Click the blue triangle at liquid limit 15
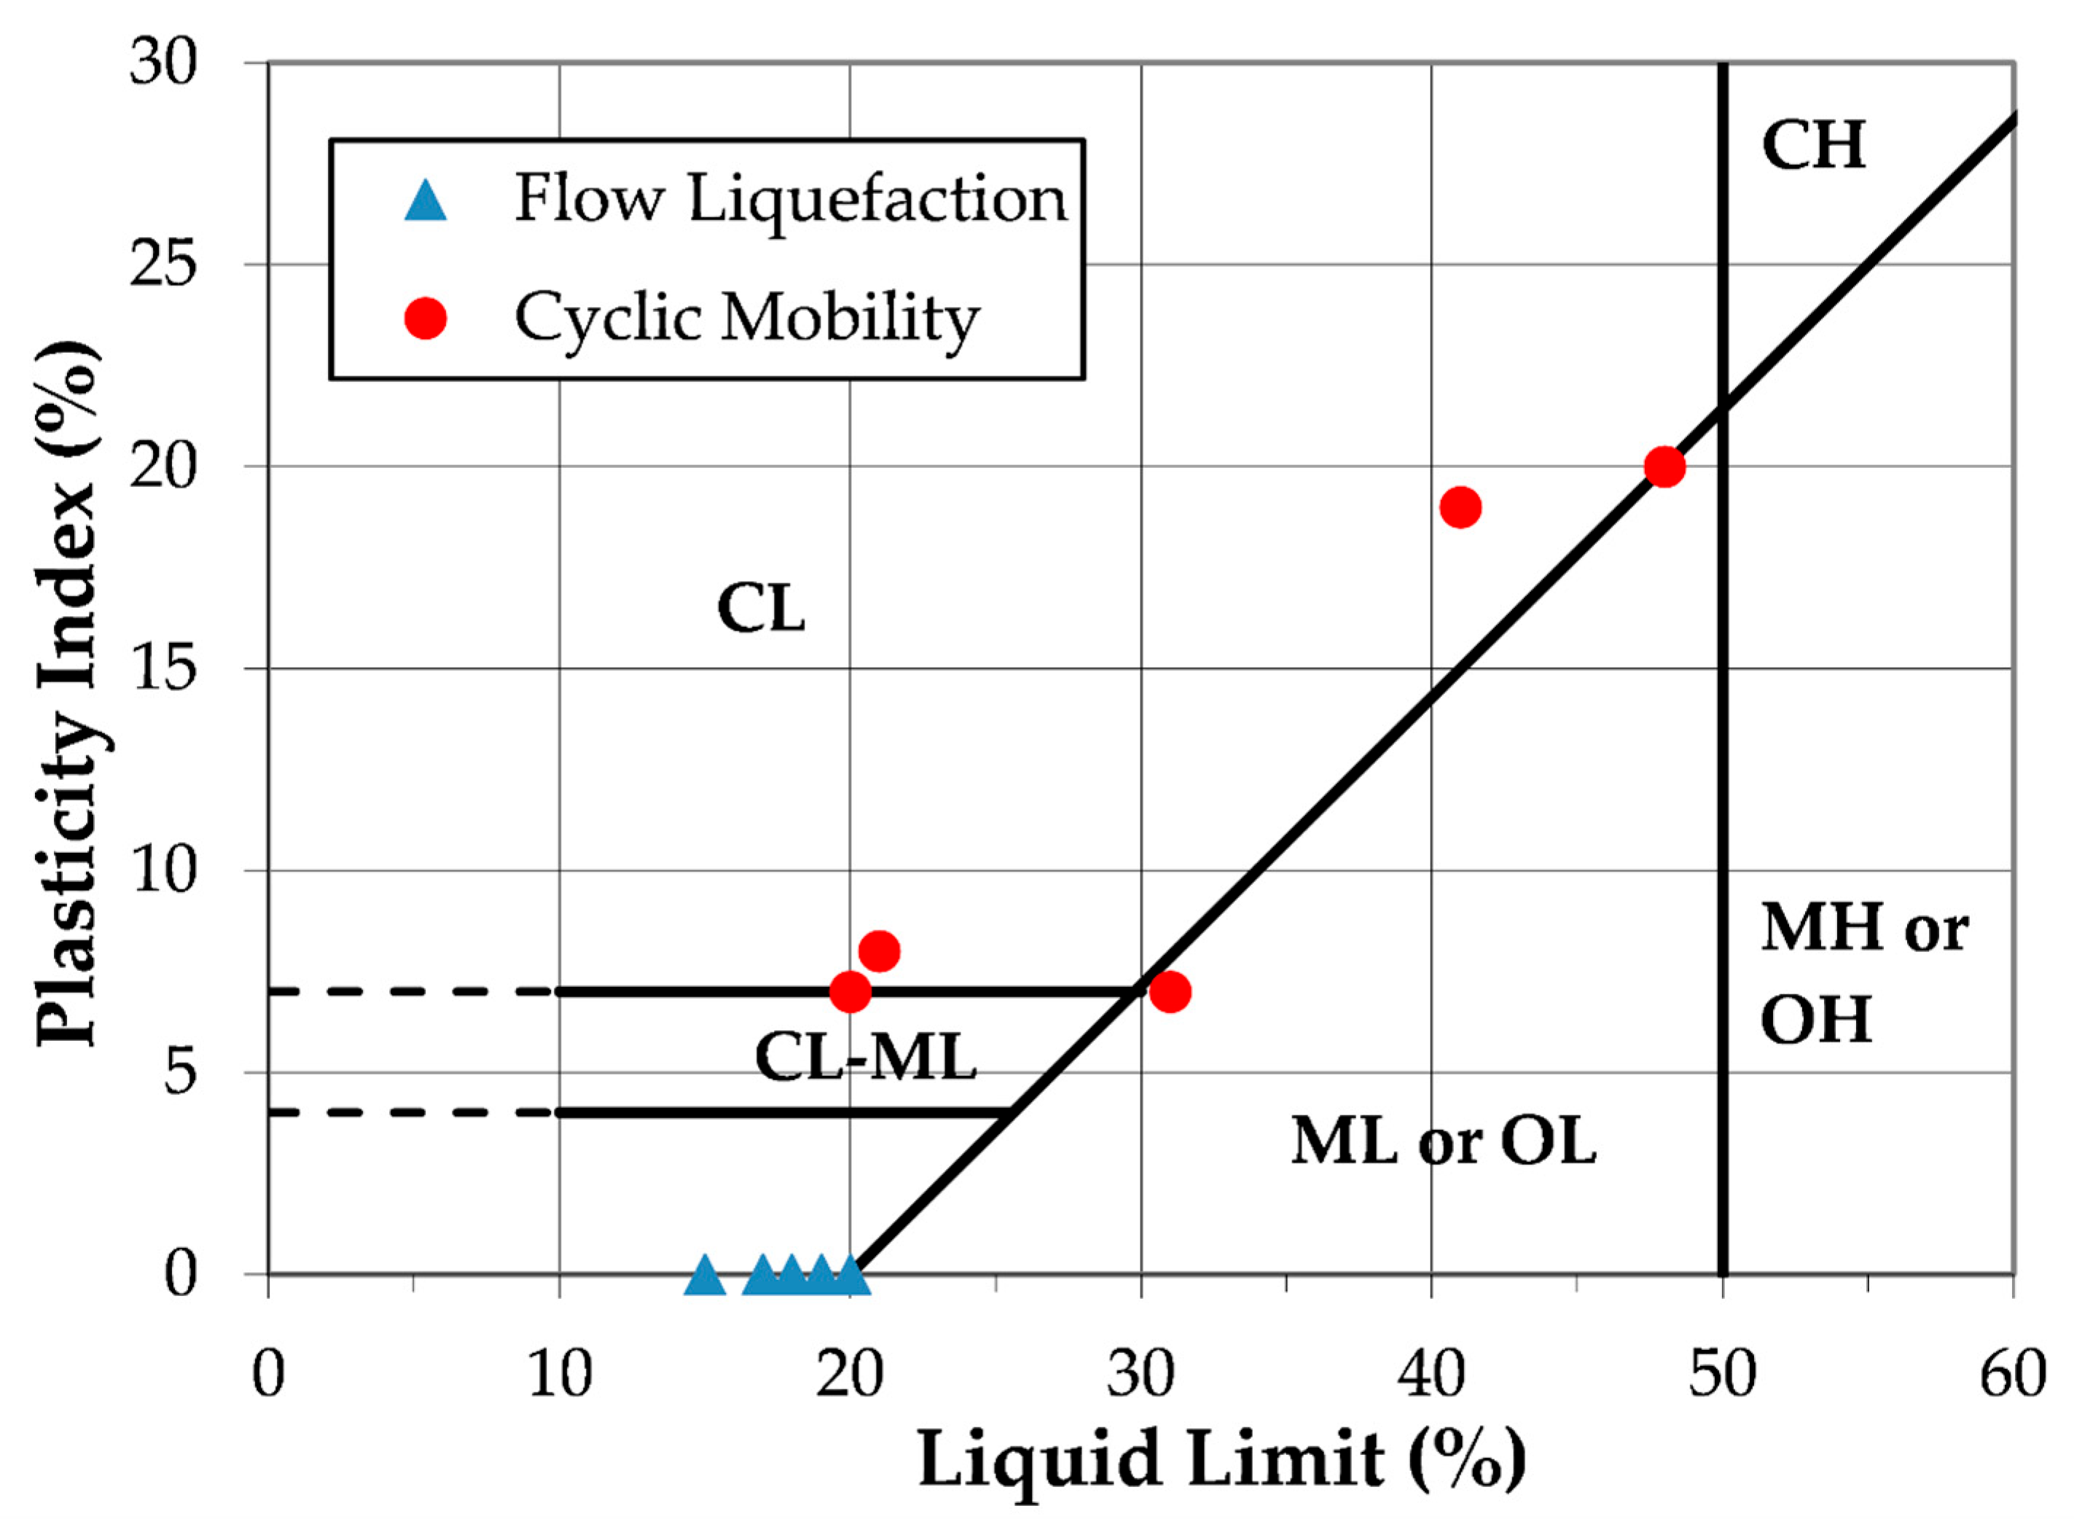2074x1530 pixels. [x=705, y=1276]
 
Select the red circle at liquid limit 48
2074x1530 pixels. [x=1664, y=466]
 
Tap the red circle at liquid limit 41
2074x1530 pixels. [x=1461, y=507]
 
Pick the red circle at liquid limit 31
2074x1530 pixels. [x=1170, y=992]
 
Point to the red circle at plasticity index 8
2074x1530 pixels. [x=879, y=951]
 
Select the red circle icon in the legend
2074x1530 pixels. [x=426, y=319]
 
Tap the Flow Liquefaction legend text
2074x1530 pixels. [x=791, y=199]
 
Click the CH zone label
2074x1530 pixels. [x=1813, y=147]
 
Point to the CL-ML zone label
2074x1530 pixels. [x=866, y=1058]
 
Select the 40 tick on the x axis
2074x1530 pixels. [x=1431, y=1375]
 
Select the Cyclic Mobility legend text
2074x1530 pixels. [x=746, y=319]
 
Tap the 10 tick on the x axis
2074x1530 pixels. [x=559, y=1375]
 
